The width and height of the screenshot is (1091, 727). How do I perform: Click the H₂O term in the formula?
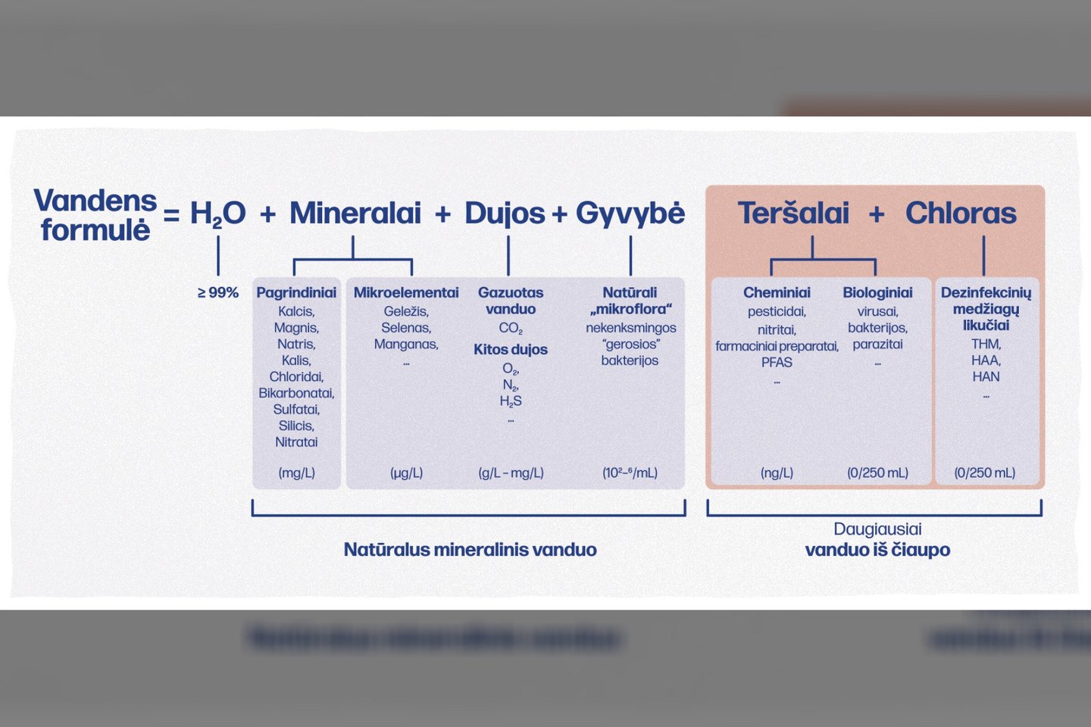(217, 214)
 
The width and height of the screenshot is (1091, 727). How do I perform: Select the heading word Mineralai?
(355, 213)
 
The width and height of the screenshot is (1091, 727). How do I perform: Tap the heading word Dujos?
(505, 214)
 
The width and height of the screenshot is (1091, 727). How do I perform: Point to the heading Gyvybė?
(630, 214)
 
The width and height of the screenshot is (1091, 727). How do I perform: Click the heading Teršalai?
(793, 213)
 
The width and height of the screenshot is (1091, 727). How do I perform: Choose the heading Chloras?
(961, 213)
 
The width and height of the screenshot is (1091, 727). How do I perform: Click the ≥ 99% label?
(217, 292)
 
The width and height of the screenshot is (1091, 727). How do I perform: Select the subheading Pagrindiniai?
(296, 292)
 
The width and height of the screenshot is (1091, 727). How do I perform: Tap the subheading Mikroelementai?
(406, 292)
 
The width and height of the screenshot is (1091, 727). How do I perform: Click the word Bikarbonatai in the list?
(296, 393)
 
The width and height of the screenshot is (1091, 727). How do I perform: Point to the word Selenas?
(406, 328)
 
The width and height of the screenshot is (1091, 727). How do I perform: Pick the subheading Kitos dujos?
(511, 350)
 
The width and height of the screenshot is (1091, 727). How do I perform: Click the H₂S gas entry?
(511, 401)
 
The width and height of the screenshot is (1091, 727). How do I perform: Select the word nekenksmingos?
(630, 328)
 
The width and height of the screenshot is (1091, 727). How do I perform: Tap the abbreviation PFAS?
(777, 362)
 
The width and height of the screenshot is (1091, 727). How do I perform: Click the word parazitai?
(877, 345)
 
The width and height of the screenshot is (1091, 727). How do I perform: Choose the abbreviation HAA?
(986, 360)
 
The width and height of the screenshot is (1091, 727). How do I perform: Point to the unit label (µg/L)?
(406, 473)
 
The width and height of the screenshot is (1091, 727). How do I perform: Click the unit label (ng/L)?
(777, 473)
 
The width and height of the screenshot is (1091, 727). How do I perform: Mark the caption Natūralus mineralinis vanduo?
(470, 550)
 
